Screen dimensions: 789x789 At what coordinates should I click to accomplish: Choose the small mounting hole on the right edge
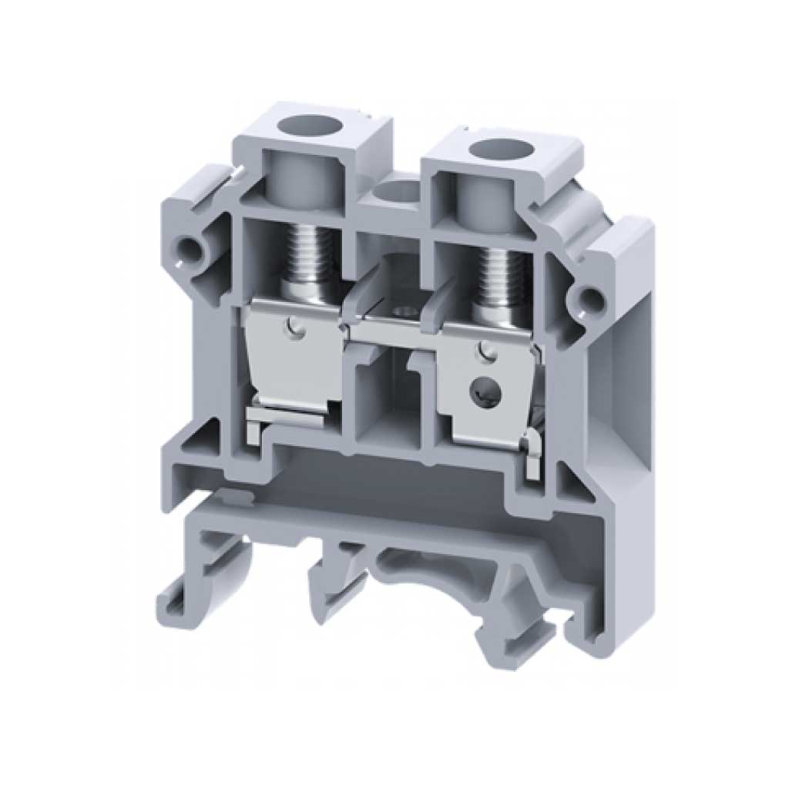[589, 297]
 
